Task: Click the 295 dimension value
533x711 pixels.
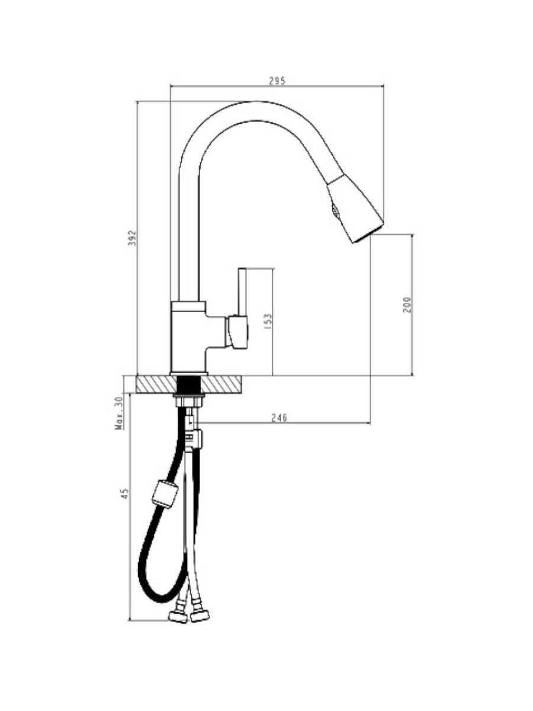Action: [277, 81]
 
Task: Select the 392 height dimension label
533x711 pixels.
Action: [132, 238]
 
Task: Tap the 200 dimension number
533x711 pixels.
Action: [407, 305]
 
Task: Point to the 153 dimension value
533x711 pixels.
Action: [268, 322]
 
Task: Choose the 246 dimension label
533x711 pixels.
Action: [279, 418]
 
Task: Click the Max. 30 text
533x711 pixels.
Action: [120, 413]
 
